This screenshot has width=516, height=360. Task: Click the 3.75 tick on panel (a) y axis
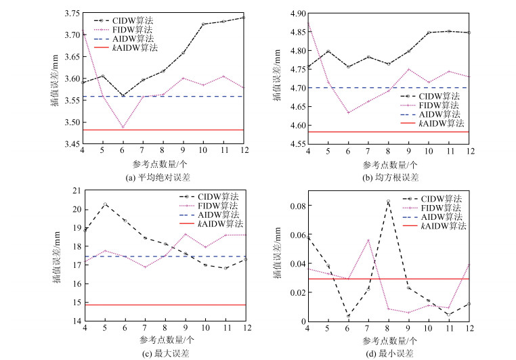[70, 14]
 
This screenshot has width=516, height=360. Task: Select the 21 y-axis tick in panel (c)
[74, 192]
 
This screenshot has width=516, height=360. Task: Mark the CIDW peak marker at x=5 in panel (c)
[104, 204]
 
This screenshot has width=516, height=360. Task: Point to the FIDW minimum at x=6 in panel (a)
[123, 127]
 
